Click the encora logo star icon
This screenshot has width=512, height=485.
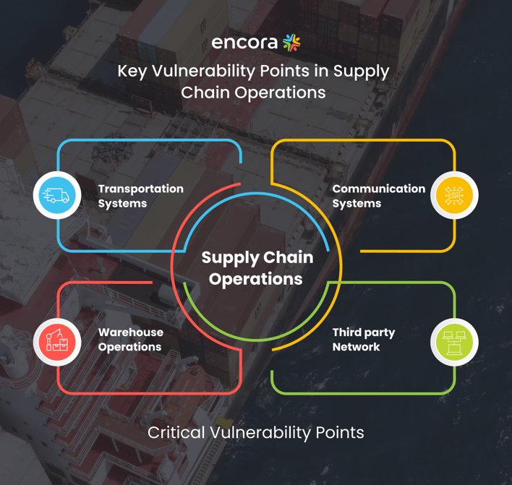pos(291,43)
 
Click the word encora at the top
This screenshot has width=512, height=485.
pos(245,43)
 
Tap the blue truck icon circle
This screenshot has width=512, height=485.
pos(57,195)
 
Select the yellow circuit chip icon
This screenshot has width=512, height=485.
pos(454,195)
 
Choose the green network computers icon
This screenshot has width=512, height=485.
pos(454,342)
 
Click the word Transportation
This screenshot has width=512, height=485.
pos(141,189)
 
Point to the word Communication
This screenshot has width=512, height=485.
pos(378,189)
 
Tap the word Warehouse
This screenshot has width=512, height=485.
pos(131,332)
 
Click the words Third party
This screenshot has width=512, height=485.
pos(364,332)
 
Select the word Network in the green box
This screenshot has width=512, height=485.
pos(356,347)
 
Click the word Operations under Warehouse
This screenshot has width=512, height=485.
pos(130,347)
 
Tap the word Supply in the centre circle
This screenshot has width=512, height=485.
pos(231,258)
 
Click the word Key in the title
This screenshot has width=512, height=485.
pos(132,72)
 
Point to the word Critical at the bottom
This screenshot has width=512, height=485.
pos(176,433)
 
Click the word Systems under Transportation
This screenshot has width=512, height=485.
pos(123,203)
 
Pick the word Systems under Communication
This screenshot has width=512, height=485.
pos(357,203)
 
